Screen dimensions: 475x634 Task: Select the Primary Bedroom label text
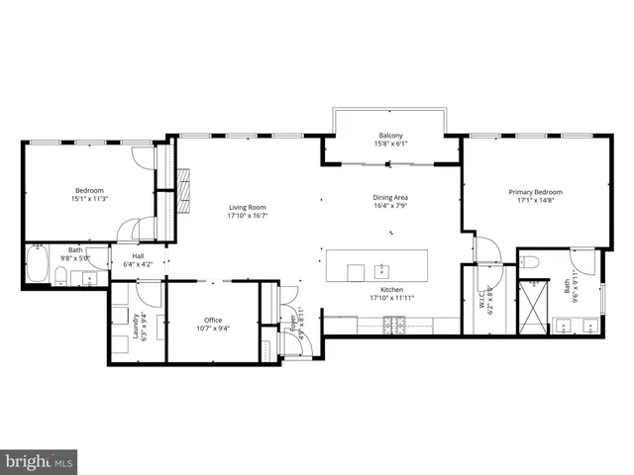535,192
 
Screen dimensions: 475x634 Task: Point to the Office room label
212,320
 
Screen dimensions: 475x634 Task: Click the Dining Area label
390,197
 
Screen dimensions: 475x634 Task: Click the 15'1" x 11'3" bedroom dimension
88,199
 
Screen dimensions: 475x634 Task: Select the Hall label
138,255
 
